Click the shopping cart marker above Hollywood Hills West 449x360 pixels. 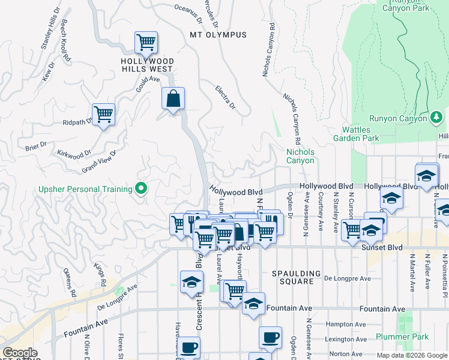pyautogui.click(x=146, y=43)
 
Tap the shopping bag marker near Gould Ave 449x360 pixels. pyautogui.click(x=173, y=99)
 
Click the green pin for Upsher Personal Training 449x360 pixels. pyautogui.click(x=142, y=190)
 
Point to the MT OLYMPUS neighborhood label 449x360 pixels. pyautogui.click(x=218, y=35)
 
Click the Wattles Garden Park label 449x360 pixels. pyautogui.click(x=360, y=134)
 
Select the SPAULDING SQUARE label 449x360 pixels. pyautogui.click(x=292, y=277)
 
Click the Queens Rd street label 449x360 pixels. pyautogui.click(x=70, y=282)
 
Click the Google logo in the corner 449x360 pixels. pyautogui.click(x=20, y=353)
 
